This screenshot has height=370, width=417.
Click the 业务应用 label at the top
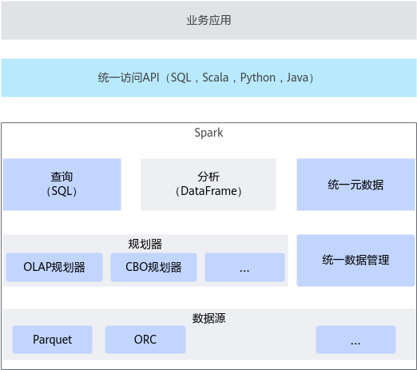point(208,20)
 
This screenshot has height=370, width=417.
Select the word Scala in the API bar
point(215,78)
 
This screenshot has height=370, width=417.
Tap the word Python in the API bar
point(258,78)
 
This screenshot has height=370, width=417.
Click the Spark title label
point(208,133)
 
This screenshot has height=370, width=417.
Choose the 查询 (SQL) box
point(62,185)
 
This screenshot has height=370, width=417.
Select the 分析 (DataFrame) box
point(208,185)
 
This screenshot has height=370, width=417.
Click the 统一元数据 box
point(355,185)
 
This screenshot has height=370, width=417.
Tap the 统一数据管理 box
point(355,261)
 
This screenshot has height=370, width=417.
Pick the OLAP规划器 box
point(54,267)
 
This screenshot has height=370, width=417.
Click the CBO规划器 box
point(153,267)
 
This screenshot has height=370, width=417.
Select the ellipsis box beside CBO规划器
point(244,267)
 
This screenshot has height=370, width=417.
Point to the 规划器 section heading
point(145,244)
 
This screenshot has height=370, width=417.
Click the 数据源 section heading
point(208,318)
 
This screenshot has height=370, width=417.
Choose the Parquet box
point(52,340)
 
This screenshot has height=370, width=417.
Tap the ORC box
point(145,340)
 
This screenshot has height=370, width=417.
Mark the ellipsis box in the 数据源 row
point(355,340)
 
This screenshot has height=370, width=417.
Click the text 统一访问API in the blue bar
point(129,78)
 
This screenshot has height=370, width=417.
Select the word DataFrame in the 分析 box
point(208,191)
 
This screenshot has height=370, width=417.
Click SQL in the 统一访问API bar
point(181,78)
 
